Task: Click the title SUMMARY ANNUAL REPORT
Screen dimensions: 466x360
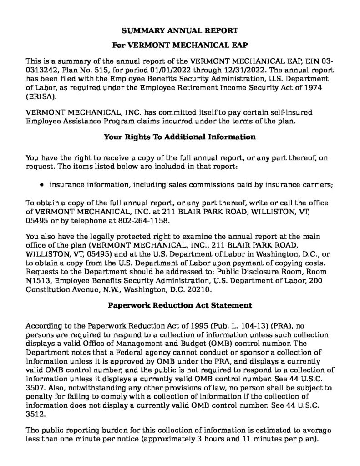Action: (180, 31)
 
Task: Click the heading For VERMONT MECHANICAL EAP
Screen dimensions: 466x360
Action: (180, 46)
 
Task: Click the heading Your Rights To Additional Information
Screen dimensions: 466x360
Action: (180, 137)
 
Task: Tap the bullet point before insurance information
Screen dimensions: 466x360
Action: (42, 185)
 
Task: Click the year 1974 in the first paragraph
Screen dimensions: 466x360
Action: (314, 88)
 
